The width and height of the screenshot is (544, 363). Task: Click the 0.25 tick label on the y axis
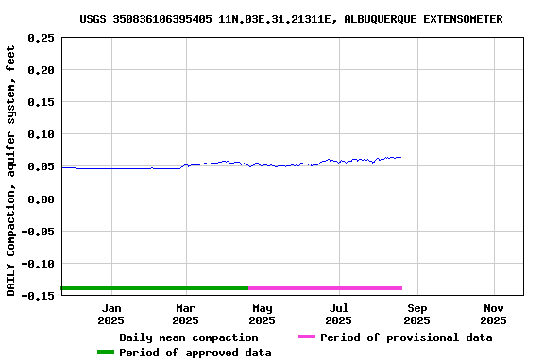pos(41,38)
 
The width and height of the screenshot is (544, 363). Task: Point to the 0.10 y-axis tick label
pos(41,134)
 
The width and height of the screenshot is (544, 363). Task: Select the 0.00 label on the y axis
pos(41,199)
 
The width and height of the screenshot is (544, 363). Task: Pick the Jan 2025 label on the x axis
pos(111,314)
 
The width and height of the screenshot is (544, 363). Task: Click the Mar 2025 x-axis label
pos(186,314)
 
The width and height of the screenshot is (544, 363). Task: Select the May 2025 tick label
pos(263,314)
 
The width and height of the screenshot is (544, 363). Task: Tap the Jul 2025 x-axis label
pos(339,314)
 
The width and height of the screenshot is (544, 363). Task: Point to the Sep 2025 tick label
pos(417,314)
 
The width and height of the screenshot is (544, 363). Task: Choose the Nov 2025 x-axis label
pos(494,314)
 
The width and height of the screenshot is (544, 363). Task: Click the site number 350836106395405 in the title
pos(161,19)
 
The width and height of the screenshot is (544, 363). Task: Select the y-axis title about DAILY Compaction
pos(10,170)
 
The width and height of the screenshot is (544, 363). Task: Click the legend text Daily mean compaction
pos(188,337)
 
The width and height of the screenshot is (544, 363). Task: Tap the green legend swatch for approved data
pos(105,353)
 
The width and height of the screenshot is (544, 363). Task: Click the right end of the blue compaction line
pos(401,157)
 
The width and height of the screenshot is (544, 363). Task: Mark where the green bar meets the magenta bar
pos(249,288)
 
